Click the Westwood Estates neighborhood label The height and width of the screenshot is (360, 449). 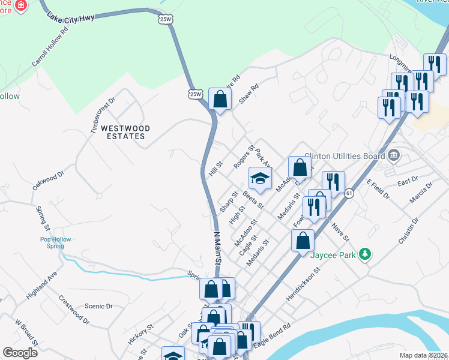pyautogui.click(x=123, y=132)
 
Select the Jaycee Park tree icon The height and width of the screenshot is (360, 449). pyautogui.click(x=364, y=254)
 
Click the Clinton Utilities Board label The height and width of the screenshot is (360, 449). pyautogui.click(x=344, y=156)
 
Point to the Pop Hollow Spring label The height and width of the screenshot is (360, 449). pyautogui.click(x=56, y=243)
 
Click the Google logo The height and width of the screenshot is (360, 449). pyautogui.click(x=20, y=353)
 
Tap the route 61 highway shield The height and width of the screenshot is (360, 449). pyautogui.click(x=349, y=193)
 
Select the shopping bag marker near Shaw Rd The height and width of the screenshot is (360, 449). pyautogui.click(x=220, y=99)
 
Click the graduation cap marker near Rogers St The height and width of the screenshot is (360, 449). pyautogui.click(x=261, y=178)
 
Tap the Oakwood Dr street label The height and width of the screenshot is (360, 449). pyautogui.click(x=48, y=181)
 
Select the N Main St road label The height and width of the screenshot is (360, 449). pyautogui.click(x=217, y=246)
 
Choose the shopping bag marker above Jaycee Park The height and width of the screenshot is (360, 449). pyautogui.click(x=303, y=241)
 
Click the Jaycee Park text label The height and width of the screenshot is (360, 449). pyautogui.click(x=334, y=254)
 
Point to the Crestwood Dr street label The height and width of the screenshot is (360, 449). pyautogui.click(x=74, y=311)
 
